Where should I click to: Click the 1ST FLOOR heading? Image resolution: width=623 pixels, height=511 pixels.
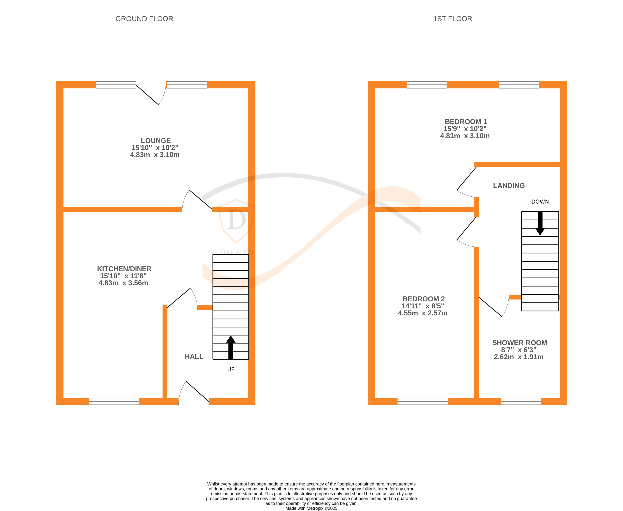coord(452,19)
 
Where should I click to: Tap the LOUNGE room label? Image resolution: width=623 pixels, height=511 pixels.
coord(155,141)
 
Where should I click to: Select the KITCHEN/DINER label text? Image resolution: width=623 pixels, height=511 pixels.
coord(124,269)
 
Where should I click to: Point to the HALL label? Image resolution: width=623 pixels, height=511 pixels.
coord(194,356)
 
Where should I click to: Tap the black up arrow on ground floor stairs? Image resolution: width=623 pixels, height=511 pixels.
coord(231,347)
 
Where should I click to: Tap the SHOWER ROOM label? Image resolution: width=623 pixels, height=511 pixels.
coord(519,343)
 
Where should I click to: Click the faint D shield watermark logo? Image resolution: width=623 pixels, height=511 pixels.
coord(236,220)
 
